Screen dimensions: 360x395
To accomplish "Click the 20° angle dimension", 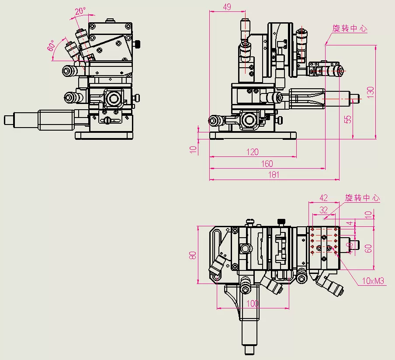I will click(x=79, y=12).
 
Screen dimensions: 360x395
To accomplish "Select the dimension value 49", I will click(x=227, y=7).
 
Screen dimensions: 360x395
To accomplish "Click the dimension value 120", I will click(x=252, y=152).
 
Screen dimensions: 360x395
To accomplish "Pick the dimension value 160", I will click(x=267, y=164).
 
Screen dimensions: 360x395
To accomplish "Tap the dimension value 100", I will click(x=252, y=304).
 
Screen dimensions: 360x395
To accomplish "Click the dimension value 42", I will click(x=323, y=198).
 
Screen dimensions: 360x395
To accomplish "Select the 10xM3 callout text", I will click(x=372, y=281).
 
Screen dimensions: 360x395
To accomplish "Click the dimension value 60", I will click(x=368, y=248).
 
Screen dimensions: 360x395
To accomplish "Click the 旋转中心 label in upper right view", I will click(x=350, y=29).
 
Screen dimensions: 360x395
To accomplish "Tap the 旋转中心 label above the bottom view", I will click(x=362, y=198).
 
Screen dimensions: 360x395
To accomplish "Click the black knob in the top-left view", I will click(x=138, y=44).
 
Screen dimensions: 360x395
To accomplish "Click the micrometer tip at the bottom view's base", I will click(x=250, y=350).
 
